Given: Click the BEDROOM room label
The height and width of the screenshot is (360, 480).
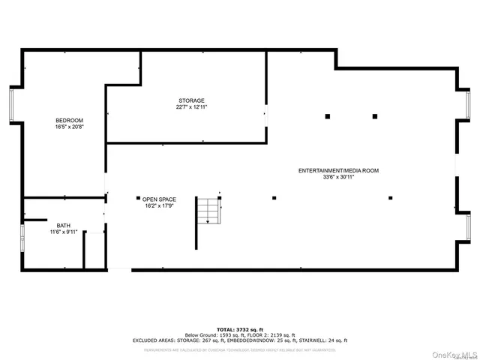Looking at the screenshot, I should (x=69, y=121).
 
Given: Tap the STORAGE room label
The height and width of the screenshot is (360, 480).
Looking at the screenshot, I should (x=191, y=100).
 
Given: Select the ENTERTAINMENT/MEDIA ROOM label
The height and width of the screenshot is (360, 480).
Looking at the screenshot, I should (x=338, y=171).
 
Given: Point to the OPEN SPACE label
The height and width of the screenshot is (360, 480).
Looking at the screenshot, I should (x=160, y=199).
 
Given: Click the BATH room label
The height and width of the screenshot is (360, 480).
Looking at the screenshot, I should (x=63, y=225).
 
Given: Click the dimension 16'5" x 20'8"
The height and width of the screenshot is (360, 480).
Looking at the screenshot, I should (x=69, y=127).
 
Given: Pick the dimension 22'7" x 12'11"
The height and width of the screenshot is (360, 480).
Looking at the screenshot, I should (x=191, y=107).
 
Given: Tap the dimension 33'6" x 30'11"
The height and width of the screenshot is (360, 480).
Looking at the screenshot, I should (x=338, y=178).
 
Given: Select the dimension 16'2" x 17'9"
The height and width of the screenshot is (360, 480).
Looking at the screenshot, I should (x=160, y=206).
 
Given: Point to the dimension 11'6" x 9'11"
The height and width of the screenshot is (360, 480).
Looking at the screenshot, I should (x=63, y=232).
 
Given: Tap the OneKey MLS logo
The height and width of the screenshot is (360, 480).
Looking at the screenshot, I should (x=453, y=353).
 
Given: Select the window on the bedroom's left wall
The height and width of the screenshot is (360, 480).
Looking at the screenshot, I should (x=11, y=105).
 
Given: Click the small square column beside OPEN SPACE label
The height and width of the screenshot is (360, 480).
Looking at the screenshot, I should (x=138, y=198).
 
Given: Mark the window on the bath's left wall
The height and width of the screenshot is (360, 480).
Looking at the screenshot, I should (x=22, y=238).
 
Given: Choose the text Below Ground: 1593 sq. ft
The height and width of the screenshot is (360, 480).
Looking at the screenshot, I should (x=211, y=334).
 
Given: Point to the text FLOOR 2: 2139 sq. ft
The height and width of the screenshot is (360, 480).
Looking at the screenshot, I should (x=269, y=334).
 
